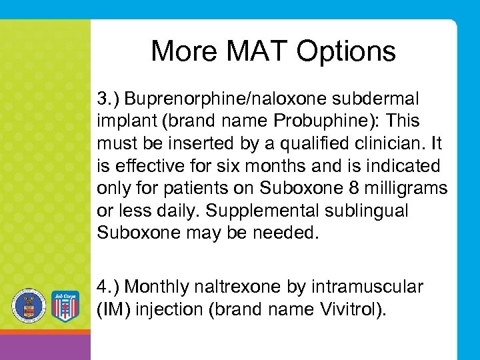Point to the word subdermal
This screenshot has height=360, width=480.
(379, 99)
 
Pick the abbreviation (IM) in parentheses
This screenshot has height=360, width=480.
(114, 309)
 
